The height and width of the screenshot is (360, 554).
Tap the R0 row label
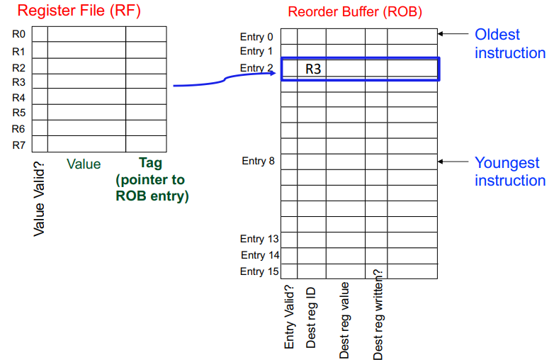tap(18, 33)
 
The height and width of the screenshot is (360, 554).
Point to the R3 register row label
tap(18, 81)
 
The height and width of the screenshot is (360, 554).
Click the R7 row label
tap(18, 145)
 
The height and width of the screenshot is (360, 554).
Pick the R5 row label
tap(18, 113)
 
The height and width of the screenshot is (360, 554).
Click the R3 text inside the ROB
tap(313, 69)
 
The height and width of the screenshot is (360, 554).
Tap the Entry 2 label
tap(256, 68)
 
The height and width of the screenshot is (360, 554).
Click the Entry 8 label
tap(258, 161)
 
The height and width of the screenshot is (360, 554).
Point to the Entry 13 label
tap(259, 239)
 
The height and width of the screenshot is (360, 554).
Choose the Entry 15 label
tap(259, 271)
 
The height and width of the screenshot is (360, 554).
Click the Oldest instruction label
tap(509, 43)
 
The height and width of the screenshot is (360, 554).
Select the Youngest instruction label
tap(509, 171)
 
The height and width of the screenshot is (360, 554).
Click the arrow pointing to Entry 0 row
tap(453, 33)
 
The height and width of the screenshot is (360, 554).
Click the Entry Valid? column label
tap(289, 316)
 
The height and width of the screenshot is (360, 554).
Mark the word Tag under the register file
tap(150, 164)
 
